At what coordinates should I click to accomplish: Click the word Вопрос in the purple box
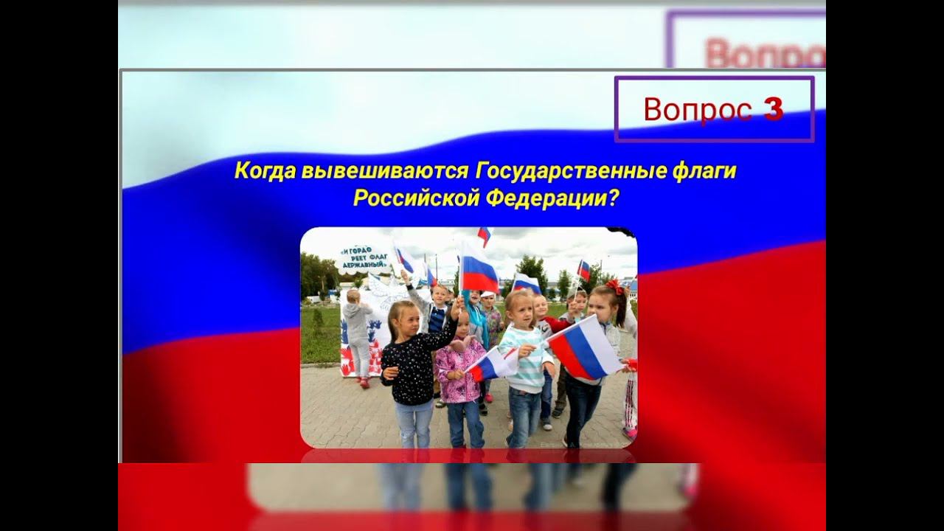coord(697,109)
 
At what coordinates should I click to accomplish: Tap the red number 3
coord(773,109)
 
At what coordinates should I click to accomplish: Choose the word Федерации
coord(543,198)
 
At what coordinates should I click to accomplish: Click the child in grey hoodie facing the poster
coord(358,332)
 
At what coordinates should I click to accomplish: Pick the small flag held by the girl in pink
coord(489,364)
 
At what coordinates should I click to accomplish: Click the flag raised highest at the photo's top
coord(485,235)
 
